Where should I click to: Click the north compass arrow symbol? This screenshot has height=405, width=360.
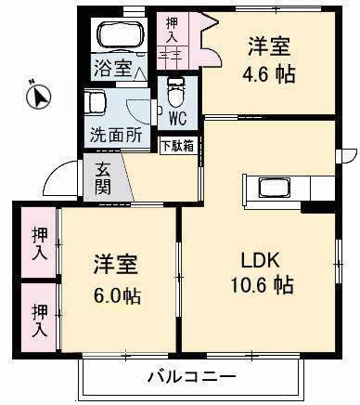(x=35, y=94)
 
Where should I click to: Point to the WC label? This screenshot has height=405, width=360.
(x=179, y=119)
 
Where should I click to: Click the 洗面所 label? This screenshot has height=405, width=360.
(x=116, y=134)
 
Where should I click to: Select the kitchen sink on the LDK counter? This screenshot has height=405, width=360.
(x=277, y=188)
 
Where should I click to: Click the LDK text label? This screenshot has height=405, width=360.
(x=264, y=259)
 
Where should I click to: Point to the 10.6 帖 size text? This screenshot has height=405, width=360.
(x=264, y=285)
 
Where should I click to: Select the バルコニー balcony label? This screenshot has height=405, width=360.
(x=191, y=378)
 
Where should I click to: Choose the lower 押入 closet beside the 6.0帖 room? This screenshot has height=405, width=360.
(x=39, y=319)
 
